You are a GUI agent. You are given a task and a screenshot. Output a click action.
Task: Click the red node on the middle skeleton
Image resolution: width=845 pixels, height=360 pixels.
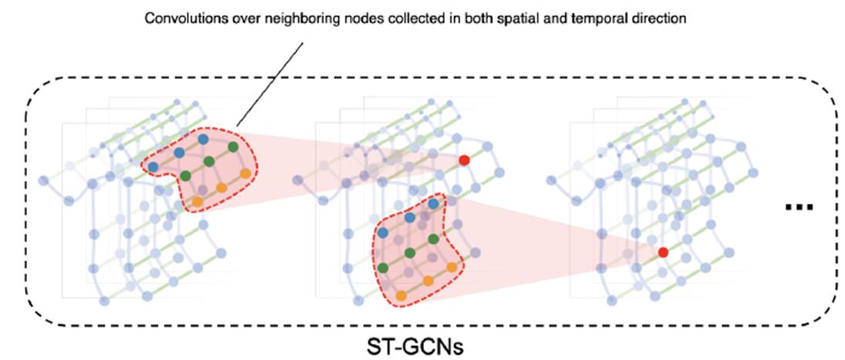tap(463, 160)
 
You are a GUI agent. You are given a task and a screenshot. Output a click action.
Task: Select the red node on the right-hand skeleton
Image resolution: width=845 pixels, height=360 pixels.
tap(663, 252)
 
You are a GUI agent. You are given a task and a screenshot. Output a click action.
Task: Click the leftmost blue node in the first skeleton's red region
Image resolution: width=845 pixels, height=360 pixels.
tap(153, 166)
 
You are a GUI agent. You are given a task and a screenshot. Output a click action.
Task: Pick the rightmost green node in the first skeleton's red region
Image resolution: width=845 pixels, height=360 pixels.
tap(232, 147)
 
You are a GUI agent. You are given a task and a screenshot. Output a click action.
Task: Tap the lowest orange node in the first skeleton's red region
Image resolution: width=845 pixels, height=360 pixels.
tap(196, 202)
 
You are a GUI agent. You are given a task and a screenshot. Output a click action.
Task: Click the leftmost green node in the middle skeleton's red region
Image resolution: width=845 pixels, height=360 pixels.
tap(383, 267)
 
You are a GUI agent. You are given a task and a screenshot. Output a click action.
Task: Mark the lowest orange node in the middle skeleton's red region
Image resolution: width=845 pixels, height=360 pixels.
tap(401, 295)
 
